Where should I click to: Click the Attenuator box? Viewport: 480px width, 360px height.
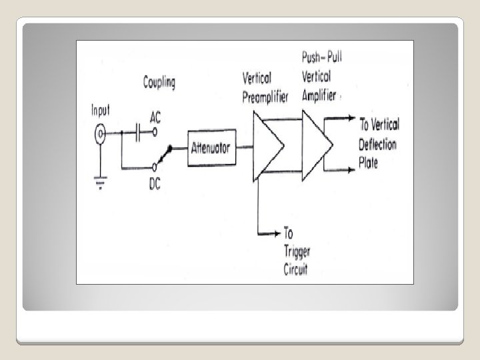click(x=210, y=147)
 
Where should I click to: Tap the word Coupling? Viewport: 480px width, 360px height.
click(x=159, y=83)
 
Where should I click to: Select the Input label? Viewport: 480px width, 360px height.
click(x=101, y=111)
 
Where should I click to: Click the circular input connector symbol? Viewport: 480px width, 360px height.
click(x=101, y=136)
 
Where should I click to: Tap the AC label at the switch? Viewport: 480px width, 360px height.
click(x=155, y=117)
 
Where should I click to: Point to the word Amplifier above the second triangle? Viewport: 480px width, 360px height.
click(x=319, y=95)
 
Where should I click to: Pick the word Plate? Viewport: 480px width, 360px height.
click(x=368, y=163)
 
